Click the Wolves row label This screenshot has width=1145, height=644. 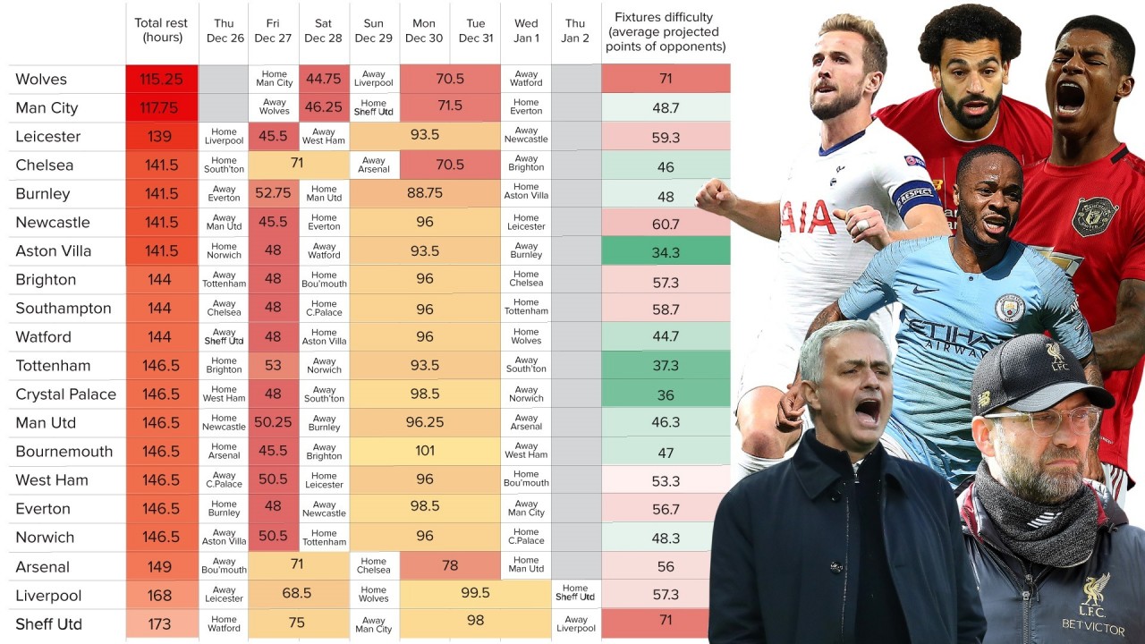point(41,80)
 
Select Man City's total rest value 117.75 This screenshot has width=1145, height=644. point(161,108)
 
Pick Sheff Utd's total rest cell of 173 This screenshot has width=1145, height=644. point(161,623)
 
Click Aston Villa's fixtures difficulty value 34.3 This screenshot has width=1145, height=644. point(666,251)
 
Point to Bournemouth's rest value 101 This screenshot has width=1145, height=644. point(425,452)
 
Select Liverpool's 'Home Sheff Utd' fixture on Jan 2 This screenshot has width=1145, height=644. point(575,594)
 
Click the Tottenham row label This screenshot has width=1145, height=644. point(53,366)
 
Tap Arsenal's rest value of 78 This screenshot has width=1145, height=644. point(450,566)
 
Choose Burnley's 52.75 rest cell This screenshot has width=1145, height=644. point(273,194)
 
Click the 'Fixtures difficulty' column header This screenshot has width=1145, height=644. point(666,31)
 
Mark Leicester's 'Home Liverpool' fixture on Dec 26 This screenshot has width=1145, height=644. point(224,136)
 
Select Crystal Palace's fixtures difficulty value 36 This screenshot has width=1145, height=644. point(666,394)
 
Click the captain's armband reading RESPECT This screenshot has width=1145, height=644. point(916,195)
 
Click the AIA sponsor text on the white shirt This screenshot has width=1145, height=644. point(809,217)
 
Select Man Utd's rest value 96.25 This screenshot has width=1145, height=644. point(425,423)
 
